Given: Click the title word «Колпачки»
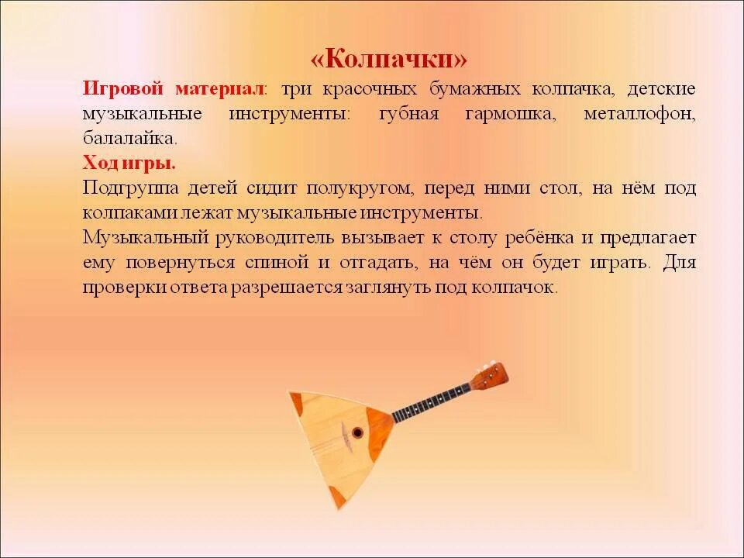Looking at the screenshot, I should (x=389, y=60).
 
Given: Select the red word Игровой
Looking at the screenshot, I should (x=123, y=88).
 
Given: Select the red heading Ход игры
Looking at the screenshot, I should (x=129, y=164).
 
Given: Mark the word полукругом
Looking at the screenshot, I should (x=356, y=188).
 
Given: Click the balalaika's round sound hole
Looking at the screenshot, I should (x=357, y=432).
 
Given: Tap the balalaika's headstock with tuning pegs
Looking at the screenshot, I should (x=490, y=376).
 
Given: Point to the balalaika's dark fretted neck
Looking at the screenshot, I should (x=431, y=402).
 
